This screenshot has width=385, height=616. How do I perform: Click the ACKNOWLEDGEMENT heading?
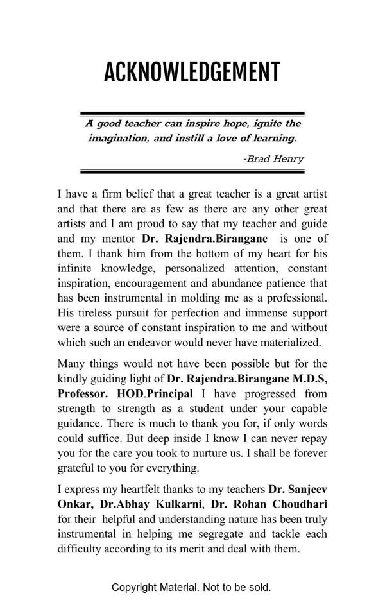pyautogui.click(x=192, y=72)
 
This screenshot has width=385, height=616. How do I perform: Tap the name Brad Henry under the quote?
pyautogui.click(x=274, y=158)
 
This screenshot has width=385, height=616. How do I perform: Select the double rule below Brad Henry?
pyautogui.click(x=192, y=171)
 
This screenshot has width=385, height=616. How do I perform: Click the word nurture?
pyautogui.click(x=262, y=453)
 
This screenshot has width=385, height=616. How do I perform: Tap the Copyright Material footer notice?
pyautogui.click(x=191, y=587)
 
